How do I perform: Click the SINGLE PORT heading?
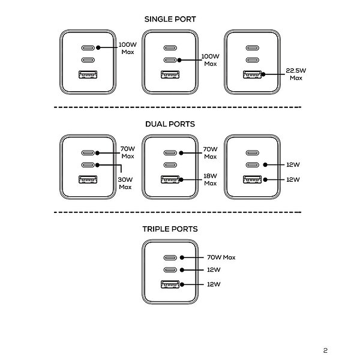170,19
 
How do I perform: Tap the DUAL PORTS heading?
170,124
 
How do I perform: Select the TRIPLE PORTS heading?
170,229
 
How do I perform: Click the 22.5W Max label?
296,74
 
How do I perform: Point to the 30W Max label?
125,183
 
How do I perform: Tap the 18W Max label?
211,179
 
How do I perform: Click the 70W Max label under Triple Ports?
221,257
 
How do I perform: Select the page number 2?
325,350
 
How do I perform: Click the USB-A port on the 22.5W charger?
253,74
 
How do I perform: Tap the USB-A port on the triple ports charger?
170,284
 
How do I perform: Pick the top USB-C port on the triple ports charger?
170,257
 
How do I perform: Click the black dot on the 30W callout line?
97,165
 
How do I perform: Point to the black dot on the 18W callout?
181,179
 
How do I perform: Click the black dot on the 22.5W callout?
263,74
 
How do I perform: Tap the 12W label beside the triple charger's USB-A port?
214,284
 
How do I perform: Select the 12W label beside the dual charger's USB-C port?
293,164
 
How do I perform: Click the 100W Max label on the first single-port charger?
128,48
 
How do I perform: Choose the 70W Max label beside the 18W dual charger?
211,152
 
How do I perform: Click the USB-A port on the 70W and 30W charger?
88,179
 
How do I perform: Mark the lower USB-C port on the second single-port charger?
170,60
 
